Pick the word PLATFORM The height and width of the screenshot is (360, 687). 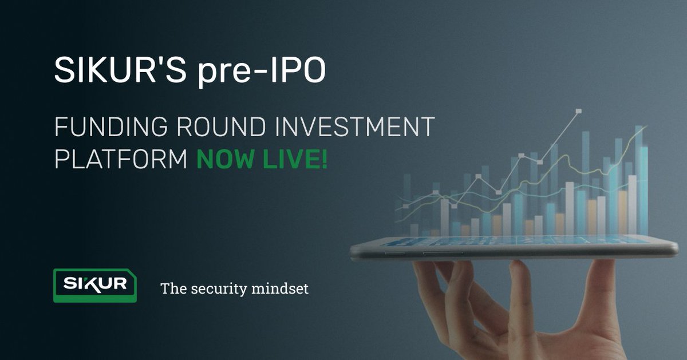click(x=121, y=159)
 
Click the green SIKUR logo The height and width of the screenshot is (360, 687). click(x=94, y=285)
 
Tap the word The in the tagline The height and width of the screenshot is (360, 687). click(x=172, y=288)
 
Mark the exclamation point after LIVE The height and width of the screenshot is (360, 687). click(x=325, y=159)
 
